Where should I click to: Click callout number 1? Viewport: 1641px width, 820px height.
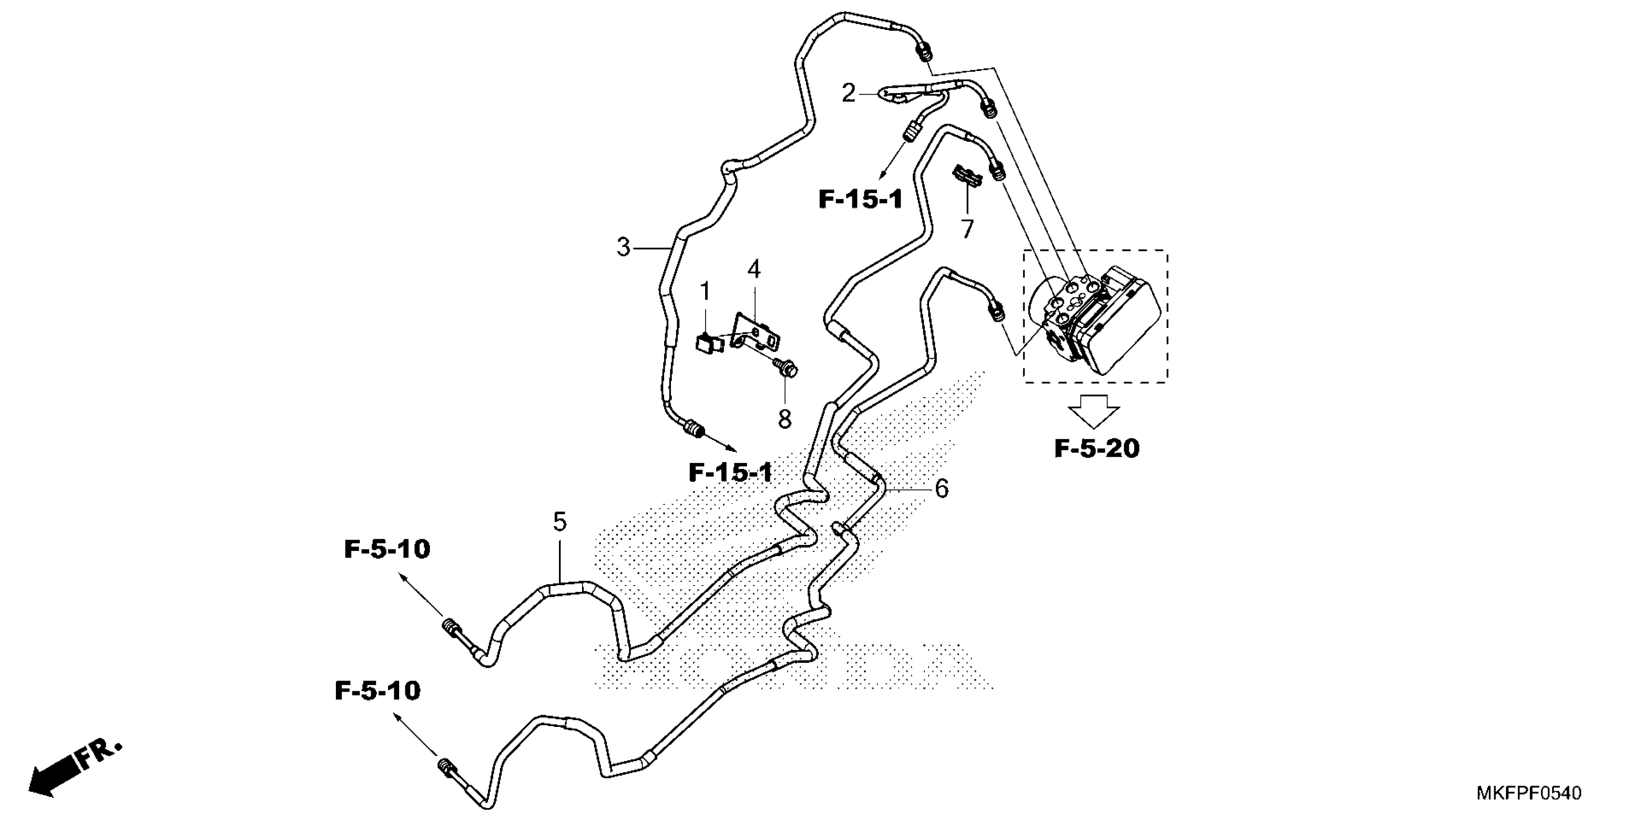click(x=705, y=292)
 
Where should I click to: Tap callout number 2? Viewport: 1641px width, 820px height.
click(x=848, y=94)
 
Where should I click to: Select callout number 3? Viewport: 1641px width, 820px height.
click(x=623, y=247)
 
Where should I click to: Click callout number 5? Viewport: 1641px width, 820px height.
click(x=559, y=522)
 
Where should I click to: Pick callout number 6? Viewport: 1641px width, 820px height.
click(x=942, y=489)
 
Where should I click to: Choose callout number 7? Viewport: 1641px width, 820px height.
click(x=967, y=229)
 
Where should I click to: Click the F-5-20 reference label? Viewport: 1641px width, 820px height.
click(x=1097, y=449)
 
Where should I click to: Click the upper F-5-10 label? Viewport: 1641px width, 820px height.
click(x=387, y=549)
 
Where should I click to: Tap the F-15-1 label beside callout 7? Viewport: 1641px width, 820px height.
click(x=861, y=200)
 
